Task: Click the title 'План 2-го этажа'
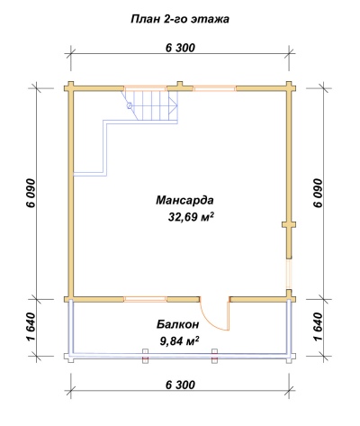point(180,19)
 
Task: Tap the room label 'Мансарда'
point(184,200)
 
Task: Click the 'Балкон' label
point(177,324)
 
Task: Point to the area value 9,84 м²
point(180,341)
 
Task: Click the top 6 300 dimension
point(180,48)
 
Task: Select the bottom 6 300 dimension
point(180,385)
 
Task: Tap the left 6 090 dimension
point(31,193)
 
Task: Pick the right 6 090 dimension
point(318,193)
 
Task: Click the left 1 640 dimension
point(31,327)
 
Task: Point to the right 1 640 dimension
point(318,327)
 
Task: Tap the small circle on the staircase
point(130,105)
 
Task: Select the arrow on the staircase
point(173,106)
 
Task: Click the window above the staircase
point(145,88)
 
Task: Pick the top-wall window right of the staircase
point(214,88)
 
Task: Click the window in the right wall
point(289,274)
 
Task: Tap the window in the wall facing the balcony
point(145,299)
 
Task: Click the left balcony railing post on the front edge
point(145,356)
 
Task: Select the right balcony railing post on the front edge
point(214,356)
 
